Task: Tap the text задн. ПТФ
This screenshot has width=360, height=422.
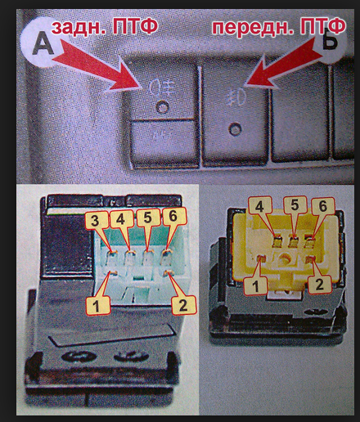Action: coord(105,27)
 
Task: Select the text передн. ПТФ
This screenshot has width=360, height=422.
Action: coord(279,27)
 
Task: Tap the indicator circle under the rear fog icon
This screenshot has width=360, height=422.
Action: coord(162,107)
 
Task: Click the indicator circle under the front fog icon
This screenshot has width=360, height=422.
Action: coord(235,128)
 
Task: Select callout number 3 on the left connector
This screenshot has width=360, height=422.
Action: coord(95,221)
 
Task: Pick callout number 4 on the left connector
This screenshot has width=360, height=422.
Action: coord(120,218)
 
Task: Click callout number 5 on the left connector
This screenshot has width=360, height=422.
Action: coord(148,218)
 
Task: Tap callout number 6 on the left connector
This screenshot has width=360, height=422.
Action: coord(173,216)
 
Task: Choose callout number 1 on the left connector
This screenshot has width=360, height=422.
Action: coord(97,305)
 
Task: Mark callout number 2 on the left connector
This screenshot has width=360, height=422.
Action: coord(183,305)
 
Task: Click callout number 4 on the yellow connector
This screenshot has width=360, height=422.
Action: coord(259,208)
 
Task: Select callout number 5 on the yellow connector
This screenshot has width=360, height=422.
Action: coord(295,206)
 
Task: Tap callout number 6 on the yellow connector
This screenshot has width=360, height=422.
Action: coord(323,207)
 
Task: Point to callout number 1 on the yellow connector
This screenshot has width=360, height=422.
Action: coord(255,285)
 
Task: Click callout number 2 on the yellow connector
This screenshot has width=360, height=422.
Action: coord(319,285)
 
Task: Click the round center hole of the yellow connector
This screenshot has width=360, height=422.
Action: coord(286,258)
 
